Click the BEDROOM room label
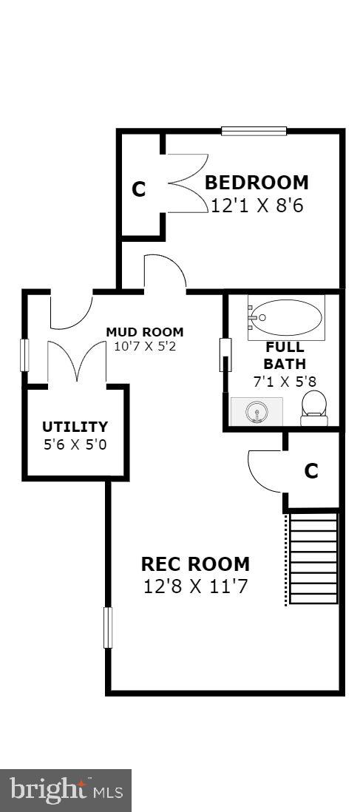257,183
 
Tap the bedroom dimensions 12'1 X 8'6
257,206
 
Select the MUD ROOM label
145,332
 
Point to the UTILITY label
75,427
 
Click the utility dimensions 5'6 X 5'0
75,444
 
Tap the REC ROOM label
195,564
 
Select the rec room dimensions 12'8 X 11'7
195,586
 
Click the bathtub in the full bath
285,317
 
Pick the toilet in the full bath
314,408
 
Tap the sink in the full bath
257,411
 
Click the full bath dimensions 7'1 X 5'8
285,382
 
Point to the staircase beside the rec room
313,558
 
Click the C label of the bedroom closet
138,190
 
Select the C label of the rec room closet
310,471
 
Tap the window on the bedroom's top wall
254,131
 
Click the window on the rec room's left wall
108,628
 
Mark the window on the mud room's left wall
24,355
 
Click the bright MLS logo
66,791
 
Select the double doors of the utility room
77,361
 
